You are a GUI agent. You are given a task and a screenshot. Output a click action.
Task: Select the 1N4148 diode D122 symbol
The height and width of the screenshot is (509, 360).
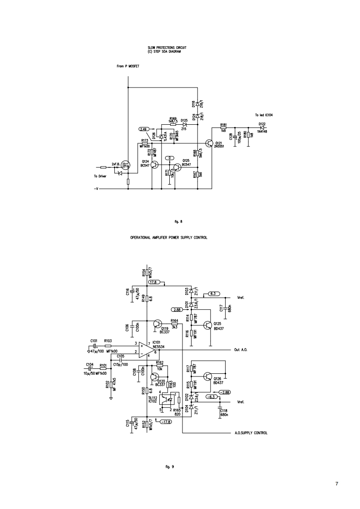[262, 128]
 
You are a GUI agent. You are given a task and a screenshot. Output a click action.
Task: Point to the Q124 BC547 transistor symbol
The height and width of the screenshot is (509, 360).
[155, 165]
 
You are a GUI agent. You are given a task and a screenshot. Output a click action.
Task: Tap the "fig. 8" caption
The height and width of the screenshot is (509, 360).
[178, 221]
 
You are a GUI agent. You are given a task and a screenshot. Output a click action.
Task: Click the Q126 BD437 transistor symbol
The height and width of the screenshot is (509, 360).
[208, 376]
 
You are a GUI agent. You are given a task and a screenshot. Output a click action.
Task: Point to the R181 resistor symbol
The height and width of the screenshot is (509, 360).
[223, 128]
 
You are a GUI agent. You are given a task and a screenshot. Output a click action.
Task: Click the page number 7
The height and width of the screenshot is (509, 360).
[336, 483]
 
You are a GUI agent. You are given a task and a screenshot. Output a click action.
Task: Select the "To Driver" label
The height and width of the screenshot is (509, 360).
[100, 176]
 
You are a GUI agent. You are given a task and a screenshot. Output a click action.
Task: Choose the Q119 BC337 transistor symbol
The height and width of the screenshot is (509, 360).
[157, 324]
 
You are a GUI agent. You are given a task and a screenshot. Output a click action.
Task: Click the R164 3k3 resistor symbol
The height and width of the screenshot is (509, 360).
[174, 324]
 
